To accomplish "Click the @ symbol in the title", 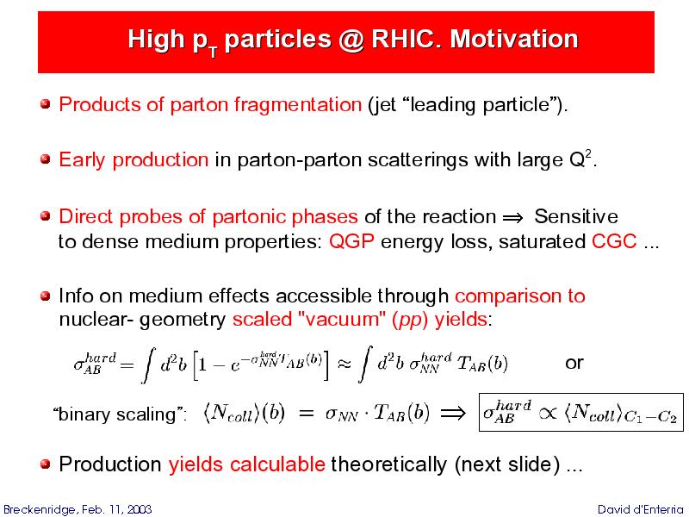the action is pyautogui.click(x=351, y=40).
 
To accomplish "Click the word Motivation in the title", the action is pyautogui.click(x=513, y=39).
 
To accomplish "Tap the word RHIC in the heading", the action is pyautogui.click(x=407, y=39).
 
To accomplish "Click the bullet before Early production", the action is pyautogui.click(x=46, y=159).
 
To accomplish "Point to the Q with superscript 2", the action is pyautogui.click(x=580, y=159).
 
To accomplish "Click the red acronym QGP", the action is pyautogui.click(x=351, y=241).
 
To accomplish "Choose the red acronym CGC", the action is pyautogui.click(x=614, y=241).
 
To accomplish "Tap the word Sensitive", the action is pyautogui.click(x=576, y=217).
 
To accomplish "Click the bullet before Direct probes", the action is pyautogui.click(x=46, y=216).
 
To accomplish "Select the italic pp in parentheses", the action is pyautogui.click(x=410, y=320).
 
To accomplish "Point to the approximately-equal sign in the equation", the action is pyautogui.click(x=344, y=364).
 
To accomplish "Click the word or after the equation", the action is pyautogui.click(x=574, y=363).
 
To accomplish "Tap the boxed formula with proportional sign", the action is pyautogui.click(x=580, y=413).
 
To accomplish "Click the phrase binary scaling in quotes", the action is pyautogui.click(x=117, y=414).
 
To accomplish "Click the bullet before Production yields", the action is pyautogui.click(x=46, y=464).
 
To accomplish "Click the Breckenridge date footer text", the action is pyautogui.click(x=78, y=509).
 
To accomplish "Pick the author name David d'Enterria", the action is pyautogui.click(x=641, y=509).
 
